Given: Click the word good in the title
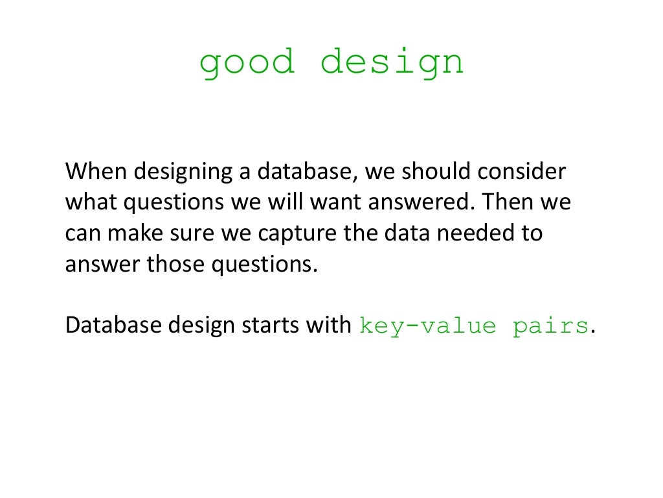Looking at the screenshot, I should click(x=247, y=64).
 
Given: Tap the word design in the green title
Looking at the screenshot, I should click(x=392, y=64).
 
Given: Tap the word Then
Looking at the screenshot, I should click(x=504, y=202).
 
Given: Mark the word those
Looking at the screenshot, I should click(x=175, y=264).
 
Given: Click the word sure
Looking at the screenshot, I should click(x=194, y=233).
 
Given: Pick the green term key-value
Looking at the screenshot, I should click(x=427, y=326).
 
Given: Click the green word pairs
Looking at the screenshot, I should click(x=550, y=326).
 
